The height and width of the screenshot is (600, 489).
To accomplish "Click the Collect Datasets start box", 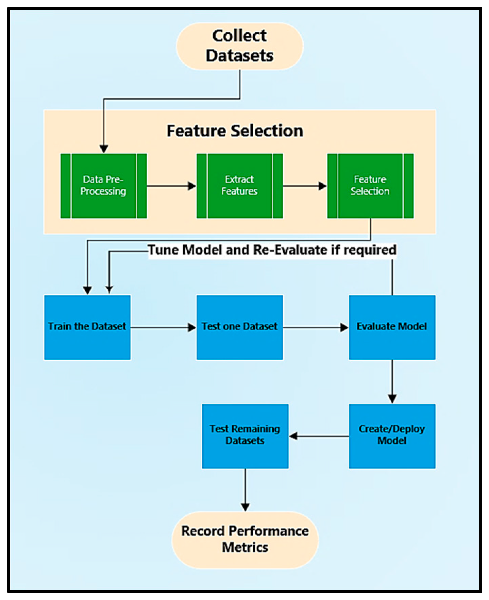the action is [x=240, y=46].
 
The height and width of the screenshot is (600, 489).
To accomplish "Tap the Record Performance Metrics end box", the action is [x=245, y=540].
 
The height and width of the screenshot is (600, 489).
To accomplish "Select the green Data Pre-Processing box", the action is [x=104, y=186].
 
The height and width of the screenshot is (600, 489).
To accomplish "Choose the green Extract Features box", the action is [x=240, y=186].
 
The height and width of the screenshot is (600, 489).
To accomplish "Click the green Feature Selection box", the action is [x=370, y=186].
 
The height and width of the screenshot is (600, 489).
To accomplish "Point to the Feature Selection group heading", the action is [x=235, y=131].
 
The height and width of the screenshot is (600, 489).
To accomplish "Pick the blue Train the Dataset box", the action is [x=87, y=327].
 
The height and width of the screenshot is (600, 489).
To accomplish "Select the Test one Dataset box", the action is [x=240, y=327].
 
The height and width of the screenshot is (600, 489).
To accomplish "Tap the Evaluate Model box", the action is [x=392, y=327].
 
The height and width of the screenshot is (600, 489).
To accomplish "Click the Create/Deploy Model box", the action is [x=392, y=436].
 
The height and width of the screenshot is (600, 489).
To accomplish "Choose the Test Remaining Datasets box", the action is [x=245, y=436].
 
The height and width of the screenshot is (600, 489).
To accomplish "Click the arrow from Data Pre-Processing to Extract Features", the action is [x=172, y=186].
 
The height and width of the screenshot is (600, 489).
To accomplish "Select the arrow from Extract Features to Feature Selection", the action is [x=305, y=186].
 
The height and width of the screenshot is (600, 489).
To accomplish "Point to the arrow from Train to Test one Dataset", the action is [x=164, y=327].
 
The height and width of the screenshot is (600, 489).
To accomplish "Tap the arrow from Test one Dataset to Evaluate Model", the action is [x=316, y=327].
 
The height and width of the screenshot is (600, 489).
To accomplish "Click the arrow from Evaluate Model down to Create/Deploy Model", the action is [x=392, y=382].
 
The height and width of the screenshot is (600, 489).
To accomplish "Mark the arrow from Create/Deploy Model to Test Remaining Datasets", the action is [x=319, y=436].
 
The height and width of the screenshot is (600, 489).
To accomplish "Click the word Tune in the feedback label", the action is [x=164, y=250].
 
